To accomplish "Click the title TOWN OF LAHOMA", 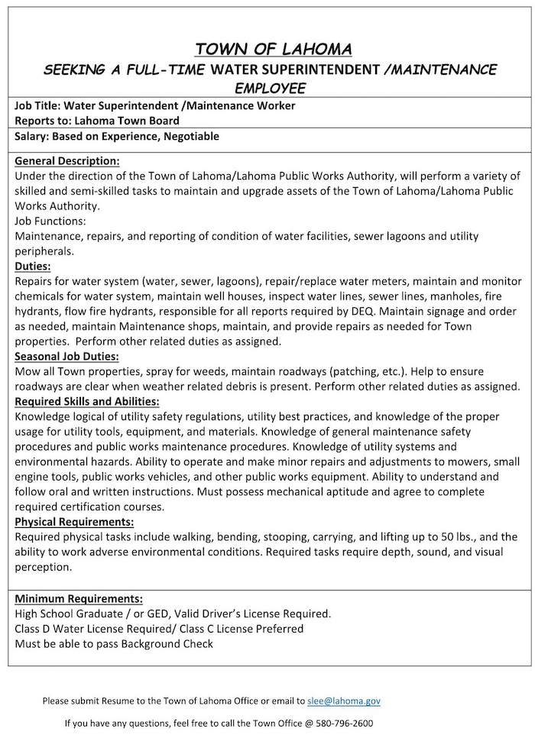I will (273, 50).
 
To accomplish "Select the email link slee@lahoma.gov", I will (343, 701).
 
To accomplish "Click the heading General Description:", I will (67, 161).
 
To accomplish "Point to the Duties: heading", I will (33, 267).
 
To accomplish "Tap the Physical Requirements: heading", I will (74, 522).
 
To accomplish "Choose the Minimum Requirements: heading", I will (79, 597).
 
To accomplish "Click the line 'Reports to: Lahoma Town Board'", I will (97, 120).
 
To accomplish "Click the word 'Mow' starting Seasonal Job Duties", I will (27, 371).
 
